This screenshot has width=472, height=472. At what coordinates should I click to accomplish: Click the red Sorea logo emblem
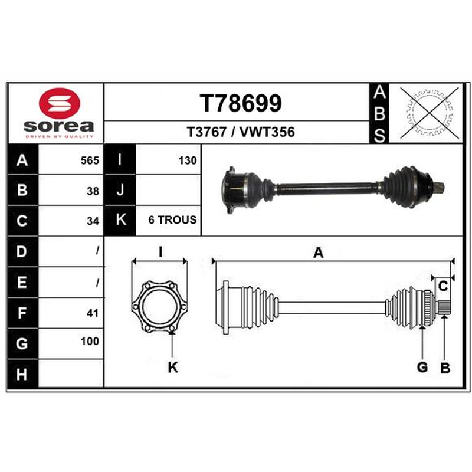tap(60, 103)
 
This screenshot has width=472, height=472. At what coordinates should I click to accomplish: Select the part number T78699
tap(241, 103)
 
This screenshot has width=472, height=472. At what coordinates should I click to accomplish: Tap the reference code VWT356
tap(267, 132)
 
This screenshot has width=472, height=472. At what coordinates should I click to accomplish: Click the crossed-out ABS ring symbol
tap(430, 113)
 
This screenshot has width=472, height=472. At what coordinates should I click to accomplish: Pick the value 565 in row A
tap(90, 160)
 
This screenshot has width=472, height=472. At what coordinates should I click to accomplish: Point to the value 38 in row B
tap(93, 191)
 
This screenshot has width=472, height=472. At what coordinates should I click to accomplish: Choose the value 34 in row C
tap(93, 221)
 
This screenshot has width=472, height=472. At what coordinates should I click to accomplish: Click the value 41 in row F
tap(93, 313)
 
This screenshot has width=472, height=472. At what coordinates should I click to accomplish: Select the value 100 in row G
tap(90, 342)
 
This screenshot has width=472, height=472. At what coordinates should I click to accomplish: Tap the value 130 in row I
tap(188, 160)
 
